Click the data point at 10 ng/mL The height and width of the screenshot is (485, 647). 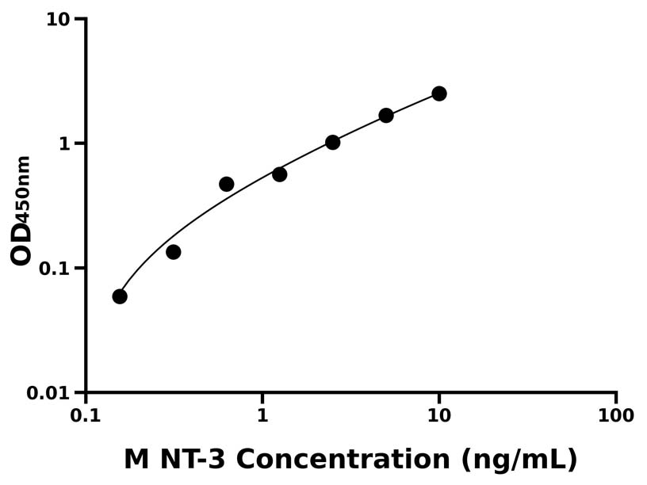point(438,94)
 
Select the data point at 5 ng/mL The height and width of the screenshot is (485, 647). point(386,115)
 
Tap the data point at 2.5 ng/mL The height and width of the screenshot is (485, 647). point(332,142)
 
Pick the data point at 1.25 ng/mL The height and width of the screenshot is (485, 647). point(279,174)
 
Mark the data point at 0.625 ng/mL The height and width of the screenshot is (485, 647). point(226,184)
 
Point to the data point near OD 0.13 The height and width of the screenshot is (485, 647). point(173,252)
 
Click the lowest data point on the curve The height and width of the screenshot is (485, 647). point(120,296)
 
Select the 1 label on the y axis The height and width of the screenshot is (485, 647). point(65,143)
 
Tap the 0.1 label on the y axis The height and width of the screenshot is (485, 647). point(54,268)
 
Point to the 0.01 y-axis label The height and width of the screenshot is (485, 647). point(48,393)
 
